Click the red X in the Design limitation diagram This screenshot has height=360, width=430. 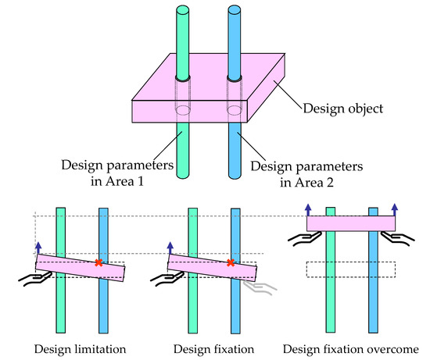click(99, 262)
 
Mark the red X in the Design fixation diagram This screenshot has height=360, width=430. click(230, 262)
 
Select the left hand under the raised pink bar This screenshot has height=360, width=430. click(299, 237)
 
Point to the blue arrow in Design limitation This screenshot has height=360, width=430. click(36, 248)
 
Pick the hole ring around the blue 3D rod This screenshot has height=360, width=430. click(235, 80)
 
